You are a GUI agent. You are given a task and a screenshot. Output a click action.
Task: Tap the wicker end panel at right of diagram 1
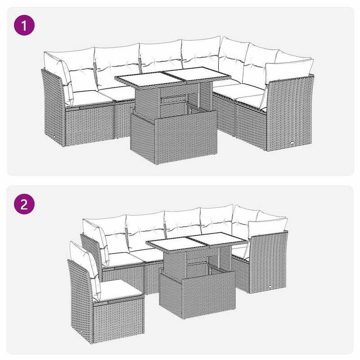291,115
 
